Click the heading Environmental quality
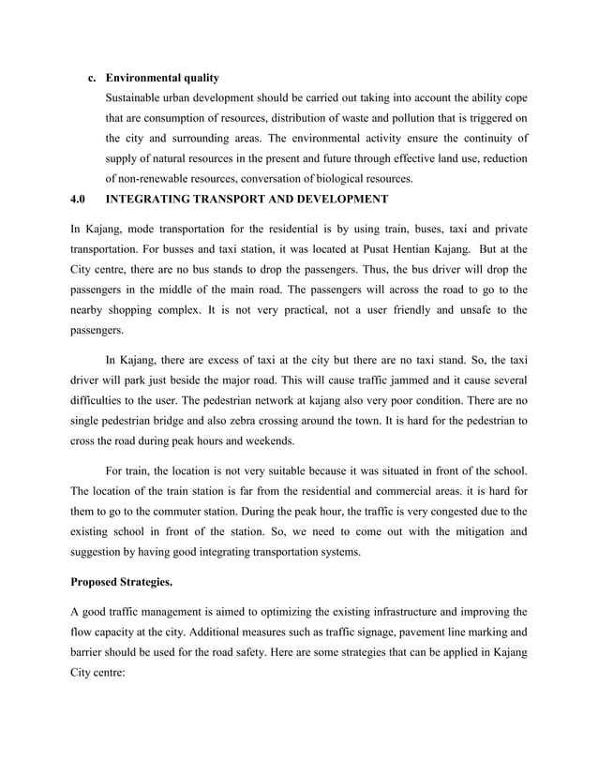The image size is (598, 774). tap(162, 77)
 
